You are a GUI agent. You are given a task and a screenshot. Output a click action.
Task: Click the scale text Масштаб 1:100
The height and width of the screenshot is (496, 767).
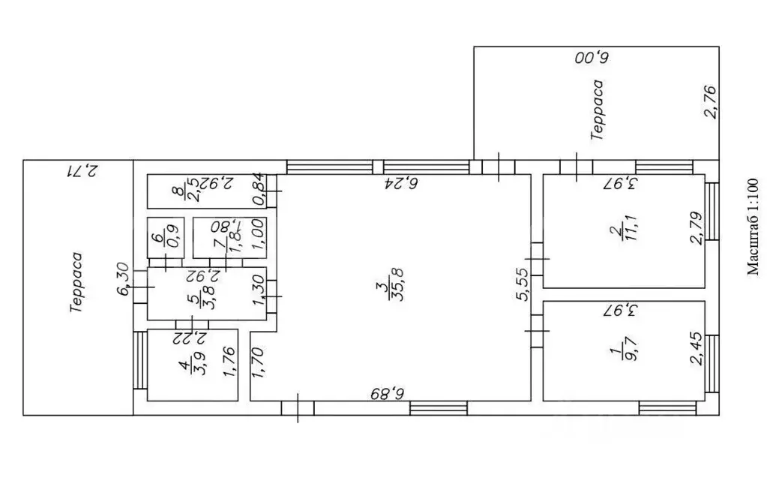tap(753, 227)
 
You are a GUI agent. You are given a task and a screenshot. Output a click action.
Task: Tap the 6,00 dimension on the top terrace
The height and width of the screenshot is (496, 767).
tap(592, 59)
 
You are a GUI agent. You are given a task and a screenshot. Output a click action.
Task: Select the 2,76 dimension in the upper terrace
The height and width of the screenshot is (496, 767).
tap(710, 102)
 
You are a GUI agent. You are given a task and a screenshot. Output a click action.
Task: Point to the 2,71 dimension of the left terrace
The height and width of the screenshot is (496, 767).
tap(82, 171)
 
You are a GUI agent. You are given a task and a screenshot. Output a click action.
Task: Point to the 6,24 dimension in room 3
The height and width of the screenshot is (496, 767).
tap(401, 183)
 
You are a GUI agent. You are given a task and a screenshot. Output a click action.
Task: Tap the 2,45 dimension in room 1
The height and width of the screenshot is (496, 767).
tap(696, 349)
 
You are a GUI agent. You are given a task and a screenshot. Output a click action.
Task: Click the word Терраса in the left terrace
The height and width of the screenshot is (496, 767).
tap(76, 283)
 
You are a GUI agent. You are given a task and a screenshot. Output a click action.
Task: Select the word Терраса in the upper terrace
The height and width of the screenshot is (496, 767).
tap(597, 110)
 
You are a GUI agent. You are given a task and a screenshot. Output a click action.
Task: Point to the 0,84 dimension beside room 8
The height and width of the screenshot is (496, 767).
tap(259, 190)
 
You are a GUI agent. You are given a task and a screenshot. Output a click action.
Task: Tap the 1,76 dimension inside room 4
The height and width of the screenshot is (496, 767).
tap(229, 362)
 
